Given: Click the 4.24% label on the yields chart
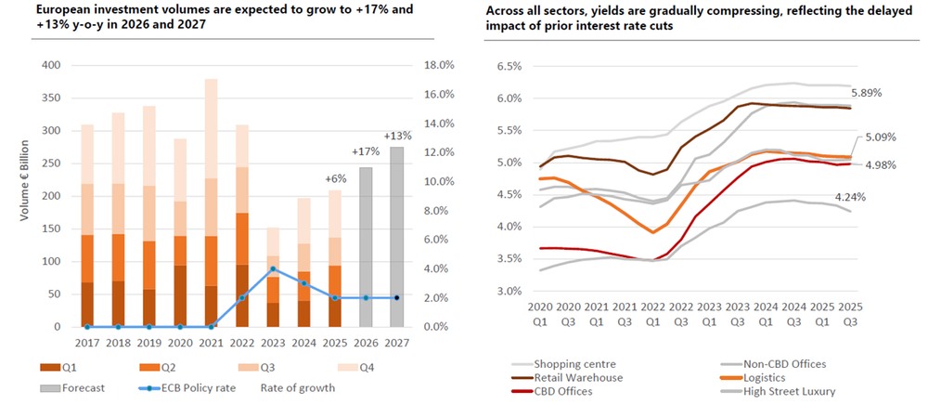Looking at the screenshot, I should pyautogui.click(x=851, y=196).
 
